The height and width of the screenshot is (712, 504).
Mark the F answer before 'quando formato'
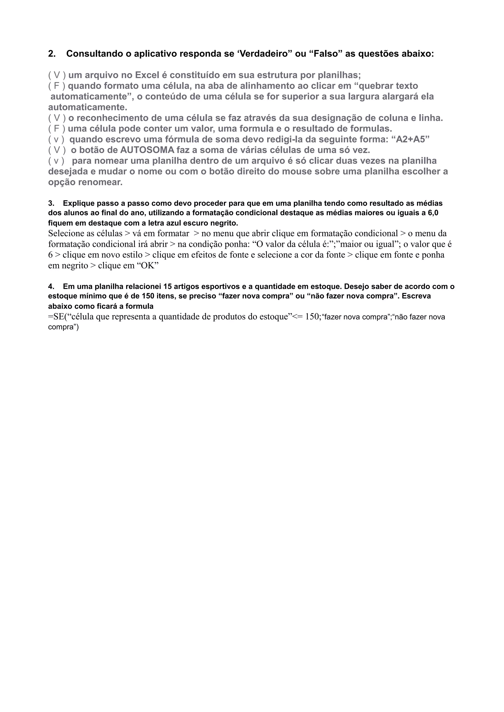pos(57,86)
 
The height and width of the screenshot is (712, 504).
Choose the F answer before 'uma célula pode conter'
pos(57,129)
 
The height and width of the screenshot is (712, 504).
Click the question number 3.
pos(51,203)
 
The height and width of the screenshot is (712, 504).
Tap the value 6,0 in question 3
pos(432,213)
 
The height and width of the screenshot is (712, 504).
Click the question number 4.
pos(51,286)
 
